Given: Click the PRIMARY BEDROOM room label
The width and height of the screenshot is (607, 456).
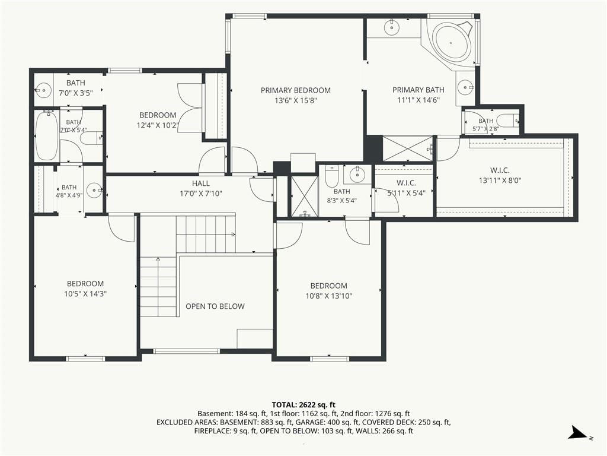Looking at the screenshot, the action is pyautogui.click(x=295, y=90).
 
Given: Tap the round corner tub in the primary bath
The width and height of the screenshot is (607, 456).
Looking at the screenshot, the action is pyautogui.click(x=451, y=42).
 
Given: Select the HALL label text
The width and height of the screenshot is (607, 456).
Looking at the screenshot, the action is pyautogui.click(x=201, y=183).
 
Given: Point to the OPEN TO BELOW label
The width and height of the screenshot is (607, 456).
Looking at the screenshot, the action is pyautogui.click(x=215, y=306).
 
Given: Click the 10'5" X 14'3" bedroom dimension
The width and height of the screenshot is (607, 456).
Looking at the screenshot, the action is pyautogui.click(x=85, y=294).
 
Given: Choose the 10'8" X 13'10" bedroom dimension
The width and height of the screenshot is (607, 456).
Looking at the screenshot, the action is pyautogui.click(x=328, y=296).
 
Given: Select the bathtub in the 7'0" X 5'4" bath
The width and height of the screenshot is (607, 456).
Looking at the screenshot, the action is pyautogui.click(x=47, y=135).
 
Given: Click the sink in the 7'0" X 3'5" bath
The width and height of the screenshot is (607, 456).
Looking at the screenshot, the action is pyautogui.click(x=43, y=90).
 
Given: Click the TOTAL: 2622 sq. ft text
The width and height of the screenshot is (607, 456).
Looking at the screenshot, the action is pyautogui.click(x=303, y=405).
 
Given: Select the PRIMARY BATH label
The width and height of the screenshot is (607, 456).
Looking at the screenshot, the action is pyautogui.click(x=418, y=90).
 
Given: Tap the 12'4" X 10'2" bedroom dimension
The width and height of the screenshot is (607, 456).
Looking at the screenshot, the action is pyautogui.click(x=158, y=125).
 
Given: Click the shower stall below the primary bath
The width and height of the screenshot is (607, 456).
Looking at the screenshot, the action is pyautogui.click(x=407, y=148).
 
